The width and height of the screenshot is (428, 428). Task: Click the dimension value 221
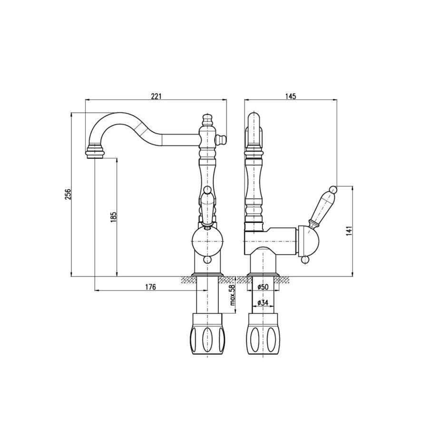[156, 96]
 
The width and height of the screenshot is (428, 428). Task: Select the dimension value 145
[291, 96]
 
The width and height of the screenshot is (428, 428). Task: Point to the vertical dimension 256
[68, 194]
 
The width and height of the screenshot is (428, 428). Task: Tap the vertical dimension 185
[114, 217]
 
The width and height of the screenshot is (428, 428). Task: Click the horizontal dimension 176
[150, 287]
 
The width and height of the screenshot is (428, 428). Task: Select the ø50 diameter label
[263, 287]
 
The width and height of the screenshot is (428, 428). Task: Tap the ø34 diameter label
[263, 302]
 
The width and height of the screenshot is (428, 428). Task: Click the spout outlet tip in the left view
[95, 156]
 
